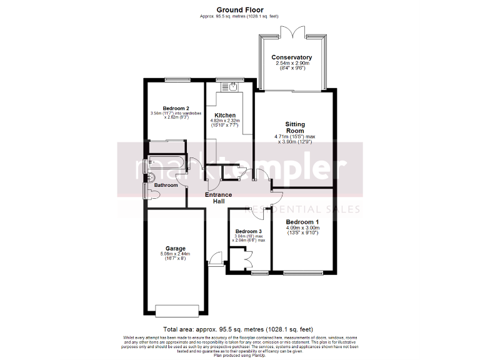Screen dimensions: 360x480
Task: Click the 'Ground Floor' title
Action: (240, 9)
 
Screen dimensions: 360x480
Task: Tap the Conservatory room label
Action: (292, 57)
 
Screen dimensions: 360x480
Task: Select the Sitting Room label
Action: (295, 127)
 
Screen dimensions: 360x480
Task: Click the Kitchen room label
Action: (225, 115)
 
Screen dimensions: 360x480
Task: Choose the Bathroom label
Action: (166, 185)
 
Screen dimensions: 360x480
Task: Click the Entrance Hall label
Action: (219, 198)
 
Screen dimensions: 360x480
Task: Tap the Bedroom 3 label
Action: (249, 231)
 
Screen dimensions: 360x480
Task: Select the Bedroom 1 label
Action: (302, 222)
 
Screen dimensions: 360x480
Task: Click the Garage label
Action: (175, 248)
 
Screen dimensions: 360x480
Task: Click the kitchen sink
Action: (232, 87)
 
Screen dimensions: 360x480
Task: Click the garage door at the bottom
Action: (177, 309)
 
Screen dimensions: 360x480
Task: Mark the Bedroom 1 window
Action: (302, 273)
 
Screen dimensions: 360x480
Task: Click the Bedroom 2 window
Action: (174, 79)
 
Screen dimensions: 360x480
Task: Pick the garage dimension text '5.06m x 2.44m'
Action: (175, 254)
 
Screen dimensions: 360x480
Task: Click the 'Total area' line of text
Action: (237, 329)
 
